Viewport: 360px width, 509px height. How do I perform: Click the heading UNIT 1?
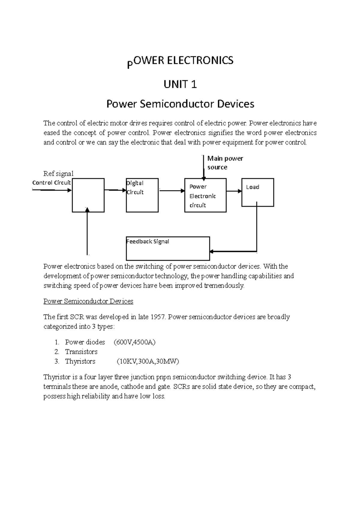pyautogui.click(x=180, y=85)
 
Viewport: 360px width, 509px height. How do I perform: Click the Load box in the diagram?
pyautogui.click(x=258, y=192)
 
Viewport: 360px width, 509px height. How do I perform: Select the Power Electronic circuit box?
pyautogui.click(x=205, y=195)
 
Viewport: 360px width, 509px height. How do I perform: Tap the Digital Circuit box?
pyautogui.click(x=142, y=195)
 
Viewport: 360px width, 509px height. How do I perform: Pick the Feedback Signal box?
pyautogui.click(x=168, y=249)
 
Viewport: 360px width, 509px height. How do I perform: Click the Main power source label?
pyautogui.click(x=225, y=163)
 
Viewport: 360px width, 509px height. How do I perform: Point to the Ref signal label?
pyautogui.click(x=58, y=174)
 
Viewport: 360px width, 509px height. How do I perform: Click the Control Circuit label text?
pyautogui.click(x=51, y=183)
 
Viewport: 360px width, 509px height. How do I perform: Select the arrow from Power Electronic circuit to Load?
pyautogui.click(x=234, y=191)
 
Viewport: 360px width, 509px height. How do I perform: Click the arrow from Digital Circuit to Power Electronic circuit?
pyautogui.click(x=172, y=191)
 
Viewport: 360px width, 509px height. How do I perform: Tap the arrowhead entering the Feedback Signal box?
pyautogui.click(x=212, y=251)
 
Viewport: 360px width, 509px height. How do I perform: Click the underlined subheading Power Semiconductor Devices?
pyautogui.click(x=88, y=301)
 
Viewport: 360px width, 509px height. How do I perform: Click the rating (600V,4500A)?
pyautogui.click(x=135, y=342)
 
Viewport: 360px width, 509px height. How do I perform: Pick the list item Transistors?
pyautogui.click(x=81, y=352)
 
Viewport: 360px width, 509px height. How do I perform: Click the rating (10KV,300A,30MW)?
pyautogui.click(x=148, y=361)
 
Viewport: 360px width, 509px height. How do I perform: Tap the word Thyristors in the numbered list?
pyautogui.click(x=80, y=361)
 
